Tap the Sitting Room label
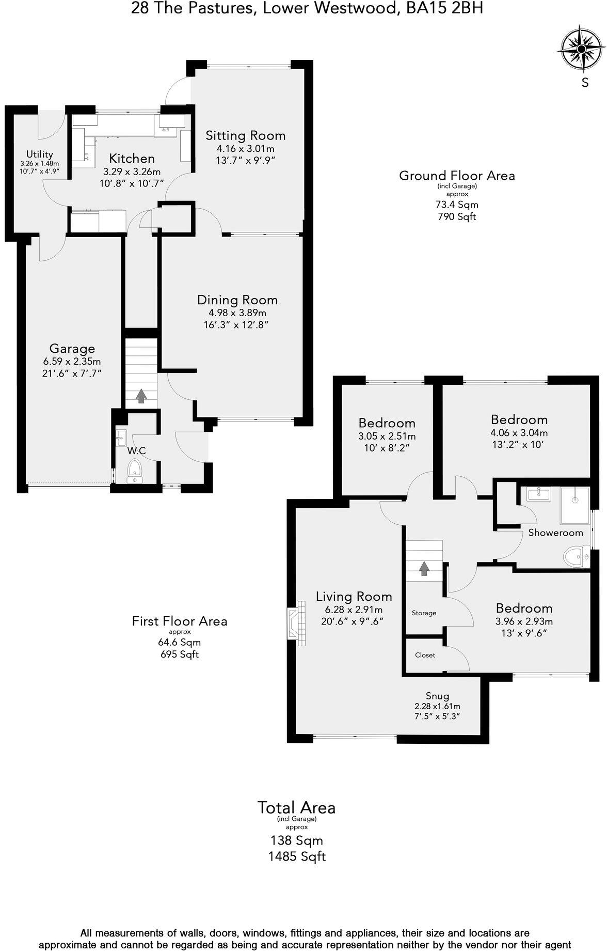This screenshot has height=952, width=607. point(245,136)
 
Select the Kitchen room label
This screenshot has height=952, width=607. point(132,159)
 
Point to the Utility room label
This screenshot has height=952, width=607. point(40,154)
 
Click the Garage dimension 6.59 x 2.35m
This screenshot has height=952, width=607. point(72,362)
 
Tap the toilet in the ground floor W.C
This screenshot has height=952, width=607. point(134,471)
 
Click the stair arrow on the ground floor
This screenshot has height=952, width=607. point(141,396)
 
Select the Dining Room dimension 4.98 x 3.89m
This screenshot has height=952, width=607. point(237,313)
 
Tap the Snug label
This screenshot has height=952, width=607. point(437,695)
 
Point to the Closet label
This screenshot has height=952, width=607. point(425,655)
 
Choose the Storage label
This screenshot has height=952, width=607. point(424,613)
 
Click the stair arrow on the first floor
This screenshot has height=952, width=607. point(424,569)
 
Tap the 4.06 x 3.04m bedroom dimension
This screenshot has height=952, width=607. point(519,433)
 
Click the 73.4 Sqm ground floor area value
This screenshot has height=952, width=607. point(457,205)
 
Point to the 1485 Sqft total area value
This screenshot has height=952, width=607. point(297,857)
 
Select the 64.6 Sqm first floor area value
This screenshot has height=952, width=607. point(179,643)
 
